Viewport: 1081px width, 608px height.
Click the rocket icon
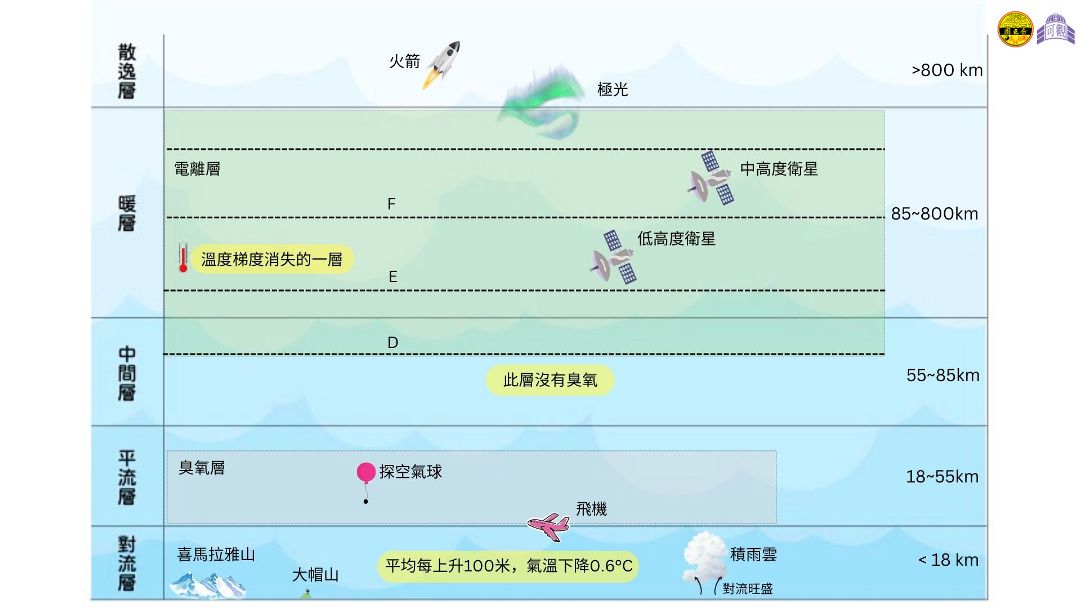(442, 64)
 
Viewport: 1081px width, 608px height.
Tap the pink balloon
(366, 472)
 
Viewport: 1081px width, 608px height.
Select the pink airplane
(548, 526)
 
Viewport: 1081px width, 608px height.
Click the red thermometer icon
(183, 258)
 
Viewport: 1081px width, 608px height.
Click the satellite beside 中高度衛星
(711, 178)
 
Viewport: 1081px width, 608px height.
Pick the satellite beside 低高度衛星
(613, 257)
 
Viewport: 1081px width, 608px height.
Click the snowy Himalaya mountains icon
(208, 585)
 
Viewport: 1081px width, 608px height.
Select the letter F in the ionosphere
(392, 204)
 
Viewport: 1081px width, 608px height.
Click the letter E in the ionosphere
(393, 276)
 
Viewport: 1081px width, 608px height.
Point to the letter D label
(393, 342)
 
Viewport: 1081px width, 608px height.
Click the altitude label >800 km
(947, 70)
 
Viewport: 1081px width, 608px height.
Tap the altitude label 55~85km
(943, 375)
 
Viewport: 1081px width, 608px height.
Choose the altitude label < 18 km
(948, 560)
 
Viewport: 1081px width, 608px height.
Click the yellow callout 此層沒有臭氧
(550, 380)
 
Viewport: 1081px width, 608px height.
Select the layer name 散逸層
(127, 71)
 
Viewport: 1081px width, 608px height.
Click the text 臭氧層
(202, 468)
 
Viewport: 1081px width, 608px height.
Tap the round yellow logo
(1015, 29)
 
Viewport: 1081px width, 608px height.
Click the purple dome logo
(1056, 29)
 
